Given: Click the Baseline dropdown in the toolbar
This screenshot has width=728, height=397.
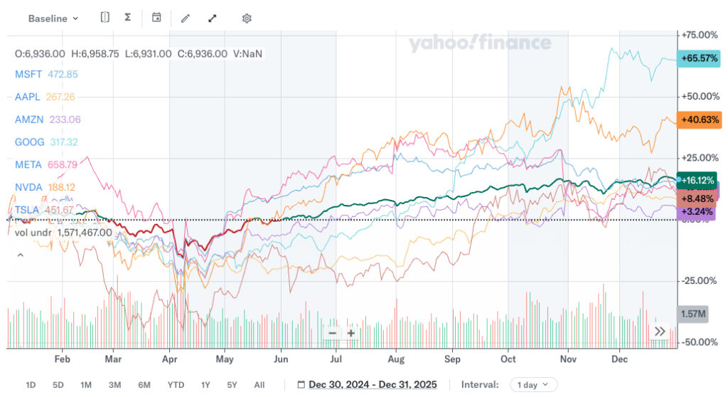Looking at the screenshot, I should pyautogui.click(x=53, y=18).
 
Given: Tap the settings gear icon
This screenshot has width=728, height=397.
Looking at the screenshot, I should pyautogui.click(x=247, y=18).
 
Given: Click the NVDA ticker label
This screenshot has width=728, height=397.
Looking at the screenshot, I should pyautogui.click(x=28, y=187).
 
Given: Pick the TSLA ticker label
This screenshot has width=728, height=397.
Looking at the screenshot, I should pyautogui.click(x=27, y=210).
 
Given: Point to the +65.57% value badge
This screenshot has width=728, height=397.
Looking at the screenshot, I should pyautogui.click(x=699, y=58).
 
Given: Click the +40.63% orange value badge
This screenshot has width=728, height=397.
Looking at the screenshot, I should pyautogui.click(x=699, y=120).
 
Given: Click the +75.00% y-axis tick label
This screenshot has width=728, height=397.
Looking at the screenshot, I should pyautogui.click(x=699, y=35).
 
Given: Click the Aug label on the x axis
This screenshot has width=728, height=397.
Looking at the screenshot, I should pyautogui.click(x=396, y=359).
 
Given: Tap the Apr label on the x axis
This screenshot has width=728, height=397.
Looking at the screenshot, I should pyautogui.click(x=169, y=359).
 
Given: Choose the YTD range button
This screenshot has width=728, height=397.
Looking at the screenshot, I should pyautogui.click(x=176, y=385).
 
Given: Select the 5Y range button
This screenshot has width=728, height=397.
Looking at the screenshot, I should pyautogui.click(x=232, y=385).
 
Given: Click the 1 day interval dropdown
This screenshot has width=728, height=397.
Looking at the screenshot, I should pyautogui.click(x=532, y=385).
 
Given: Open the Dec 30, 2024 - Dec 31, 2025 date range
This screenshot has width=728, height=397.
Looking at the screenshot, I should pyautogui.click(x=373, y=385).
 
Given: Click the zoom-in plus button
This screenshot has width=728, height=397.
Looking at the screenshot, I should pyautogui.click(x=351, y=333).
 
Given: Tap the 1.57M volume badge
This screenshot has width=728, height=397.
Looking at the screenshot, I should pyautogui.click(x=692, y=314).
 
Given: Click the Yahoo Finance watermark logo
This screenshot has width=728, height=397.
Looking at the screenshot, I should pyautogui.click(x=480, y=43).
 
